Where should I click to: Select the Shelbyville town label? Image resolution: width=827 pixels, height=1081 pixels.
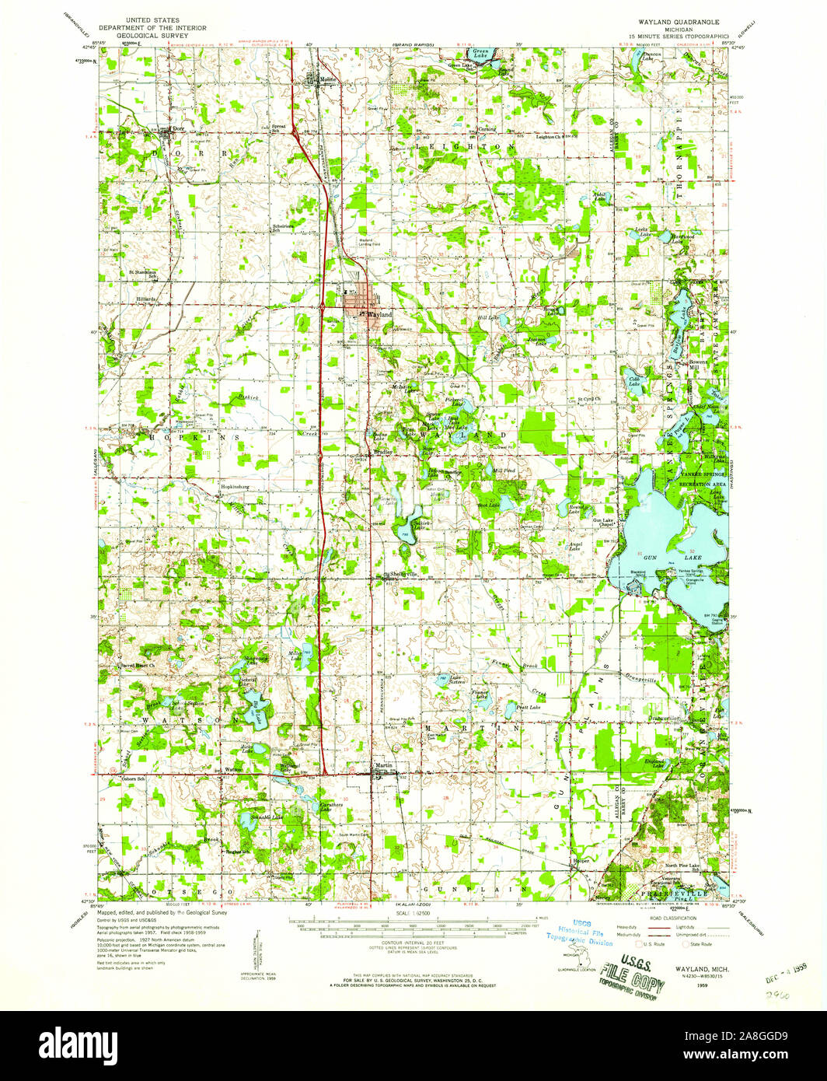403,574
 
